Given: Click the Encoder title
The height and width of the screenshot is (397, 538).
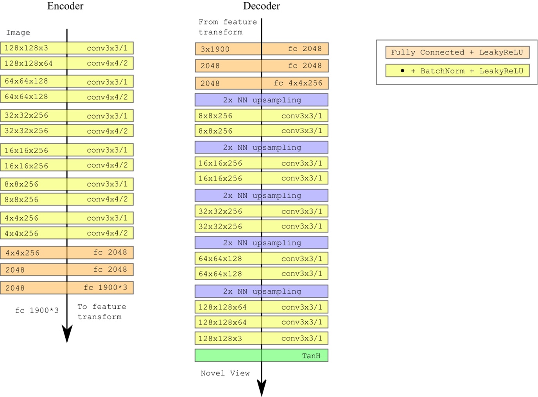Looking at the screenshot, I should [x=65, y=6].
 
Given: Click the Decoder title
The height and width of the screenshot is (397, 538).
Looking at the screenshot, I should [x=262, y=6].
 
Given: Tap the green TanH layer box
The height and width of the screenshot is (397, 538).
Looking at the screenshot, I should [x=261, y=356].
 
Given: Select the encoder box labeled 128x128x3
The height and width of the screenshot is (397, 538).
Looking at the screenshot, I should [x=67, y=48].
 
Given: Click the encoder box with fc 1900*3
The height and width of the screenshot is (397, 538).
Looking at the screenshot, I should [x=67, y=288].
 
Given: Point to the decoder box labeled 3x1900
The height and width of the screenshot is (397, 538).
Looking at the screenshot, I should [x=261, y=49].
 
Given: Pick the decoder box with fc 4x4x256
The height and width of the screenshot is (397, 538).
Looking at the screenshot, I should [x=261, y=83].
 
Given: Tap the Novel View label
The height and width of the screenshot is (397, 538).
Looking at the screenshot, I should [x=225, y=373].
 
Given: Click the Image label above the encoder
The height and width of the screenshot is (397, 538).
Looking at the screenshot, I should [x=18, y=33].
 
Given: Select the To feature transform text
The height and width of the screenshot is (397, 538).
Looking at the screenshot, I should [x=101, y=312].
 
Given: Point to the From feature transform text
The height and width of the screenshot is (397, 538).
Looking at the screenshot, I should [x=227, y=27].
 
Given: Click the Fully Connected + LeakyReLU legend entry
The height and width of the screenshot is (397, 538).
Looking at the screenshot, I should [x=457, y=52].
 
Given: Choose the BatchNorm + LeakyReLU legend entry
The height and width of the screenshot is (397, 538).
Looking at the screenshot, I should [x=457, y=71].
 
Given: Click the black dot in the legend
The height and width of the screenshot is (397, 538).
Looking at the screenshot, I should [x=402, y=71].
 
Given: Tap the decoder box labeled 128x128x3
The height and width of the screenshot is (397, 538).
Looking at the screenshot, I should [x=261, y=338].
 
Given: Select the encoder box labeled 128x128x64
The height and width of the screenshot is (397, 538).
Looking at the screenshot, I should [x=67, y=63].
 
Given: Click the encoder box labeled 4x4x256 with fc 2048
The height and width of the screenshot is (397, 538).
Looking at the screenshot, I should [x=67, y=253].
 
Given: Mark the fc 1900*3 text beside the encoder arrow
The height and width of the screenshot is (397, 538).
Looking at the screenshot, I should [x=37, y=311].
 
